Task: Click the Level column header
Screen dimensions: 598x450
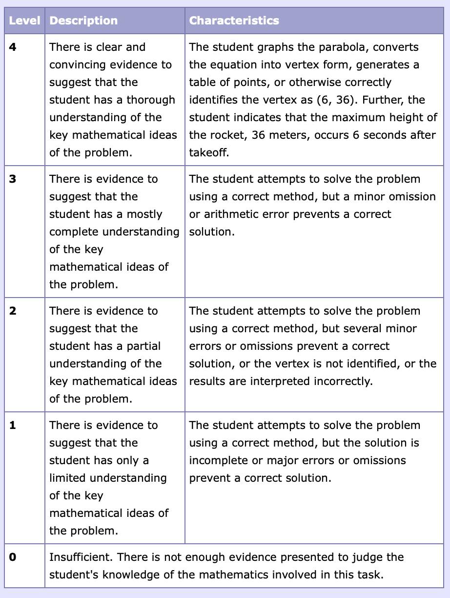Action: [24, 21]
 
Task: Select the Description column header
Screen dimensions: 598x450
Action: [83, 21]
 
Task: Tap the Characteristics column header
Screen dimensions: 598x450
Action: [234, 21]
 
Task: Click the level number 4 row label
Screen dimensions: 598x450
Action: [12, 47]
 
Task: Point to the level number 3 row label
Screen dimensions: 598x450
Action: [12, 179]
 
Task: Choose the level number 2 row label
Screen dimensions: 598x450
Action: [12, 311]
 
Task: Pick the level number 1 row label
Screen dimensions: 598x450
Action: [12, 426]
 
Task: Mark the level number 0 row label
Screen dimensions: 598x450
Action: [12, 557]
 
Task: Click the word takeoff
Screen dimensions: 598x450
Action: [209, 153]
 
